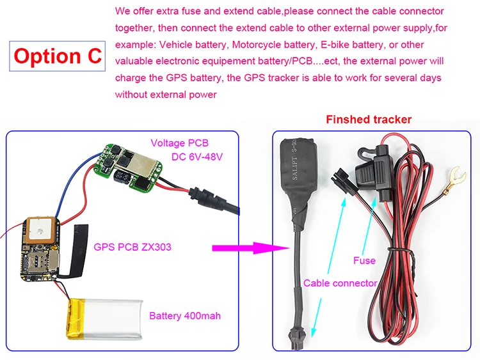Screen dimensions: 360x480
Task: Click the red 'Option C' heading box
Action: (x=58, y=56)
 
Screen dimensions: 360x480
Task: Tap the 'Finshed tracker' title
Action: (x=369, y=120)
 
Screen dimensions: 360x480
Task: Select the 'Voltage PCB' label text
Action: (x=179, y=143)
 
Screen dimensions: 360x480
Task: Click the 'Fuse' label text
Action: (x=364, y=260)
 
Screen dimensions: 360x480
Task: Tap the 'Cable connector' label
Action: (x=340, y=283)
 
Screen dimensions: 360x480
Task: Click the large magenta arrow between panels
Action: (x=247, y=246)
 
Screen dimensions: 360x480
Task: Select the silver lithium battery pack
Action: (x=106, y=320)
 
